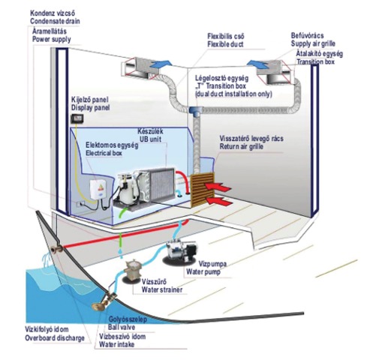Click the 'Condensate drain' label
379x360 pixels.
pyautogui.click(x=55, y=21)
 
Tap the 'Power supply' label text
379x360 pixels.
pyautogui.click(x=52, y=39)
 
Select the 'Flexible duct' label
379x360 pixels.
pyautogui.click(x=225, y=44)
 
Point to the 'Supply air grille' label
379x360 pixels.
pyautogui.click(x=313, y=43)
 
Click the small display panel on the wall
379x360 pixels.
pyautogui.click(x=77, y=118)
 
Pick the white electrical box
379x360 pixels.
pyautogui.click(x=98, y=190)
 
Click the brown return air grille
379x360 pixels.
pyautogui.click(x=203, y=189)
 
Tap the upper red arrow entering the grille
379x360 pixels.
pyautogui.click(x=218, y=187)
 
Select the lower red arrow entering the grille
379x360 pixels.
pyautogui.click(x=218, y=201)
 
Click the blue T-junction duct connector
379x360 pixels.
pyautogui.click(x=197, y=111)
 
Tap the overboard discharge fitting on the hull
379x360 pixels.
pyautogui.click(x=56, y=248)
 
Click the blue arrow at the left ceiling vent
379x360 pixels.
pyautogui.click(x=161, y=64)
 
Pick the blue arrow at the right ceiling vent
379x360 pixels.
pyautogui.click(x=258, y=63)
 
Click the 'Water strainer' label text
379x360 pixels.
pyautogui.click(x=162, y=289)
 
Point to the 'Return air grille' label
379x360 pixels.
pyautogui.click(x=242, y=146)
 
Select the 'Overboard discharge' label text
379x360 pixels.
pyautogui.click(x=55, y=338)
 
